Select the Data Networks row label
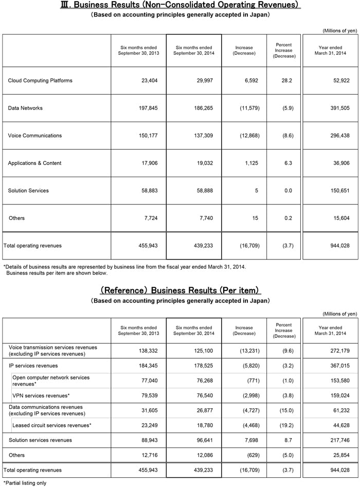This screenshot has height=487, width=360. pos(25,108)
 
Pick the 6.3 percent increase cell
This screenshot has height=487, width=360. pos(288,163)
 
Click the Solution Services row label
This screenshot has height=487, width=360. pos(28,190)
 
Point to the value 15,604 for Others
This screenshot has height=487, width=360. pos(339,218)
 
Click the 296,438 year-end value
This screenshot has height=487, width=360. pos(338,135)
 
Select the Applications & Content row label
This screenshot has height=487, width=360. pos(34,163)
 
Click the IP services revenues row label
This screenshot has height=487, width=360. pos(33,366)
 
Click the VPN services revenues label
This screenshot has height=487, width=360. pos(41,395)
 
